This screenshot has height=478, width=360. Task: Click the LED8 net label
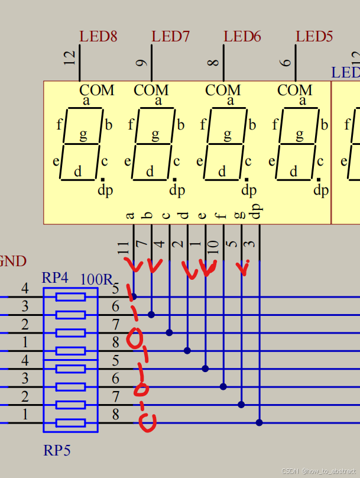[x=98, y=37]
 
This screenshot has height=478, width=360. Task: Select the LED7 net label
[x=170, y=37]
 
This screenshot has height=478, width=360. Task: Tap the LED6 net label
[x=242, y=37]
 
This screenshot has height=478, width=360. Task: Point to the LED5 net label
[x=314, y=37]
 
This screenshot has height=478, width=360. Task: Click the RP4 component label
[x=55, y=278]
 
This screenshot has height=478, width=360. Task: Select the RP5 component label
[x=57, y=451]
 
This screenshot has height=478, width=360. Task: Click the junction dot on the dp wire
[x=259, y=422]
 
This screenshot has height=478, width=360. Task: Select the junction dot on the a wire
[x=134, y=296]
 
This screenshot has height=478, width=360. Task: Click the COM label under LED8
[x=97, y=91]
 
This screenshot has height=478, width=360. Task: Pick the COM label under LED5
[x=294, y=91]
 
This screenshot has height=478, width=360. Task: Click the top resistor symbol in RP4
[x=70, y=297]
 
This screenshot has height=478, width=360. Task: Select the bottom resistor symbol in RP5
[x=70, y=423]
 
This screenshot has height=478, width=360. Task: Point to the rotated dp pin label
[x=257, y=212]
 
